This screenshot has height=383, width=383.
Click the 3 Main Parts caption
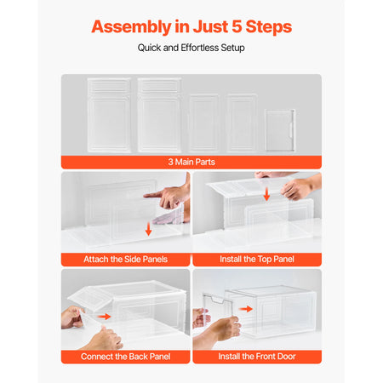191,161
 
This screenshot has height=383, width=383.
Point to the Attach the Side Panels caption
124,259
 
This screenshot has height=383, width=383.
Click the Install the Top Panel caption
257,259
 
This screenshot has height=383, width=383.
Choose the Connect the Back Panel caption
124,356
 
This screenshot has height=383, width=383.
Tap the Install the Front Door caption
257,356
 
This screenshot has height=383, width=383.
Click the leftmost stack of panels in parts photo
108,114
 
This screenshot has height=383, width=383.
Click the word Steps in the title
267,26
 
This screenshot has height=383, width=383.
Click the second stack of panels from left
159,114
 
